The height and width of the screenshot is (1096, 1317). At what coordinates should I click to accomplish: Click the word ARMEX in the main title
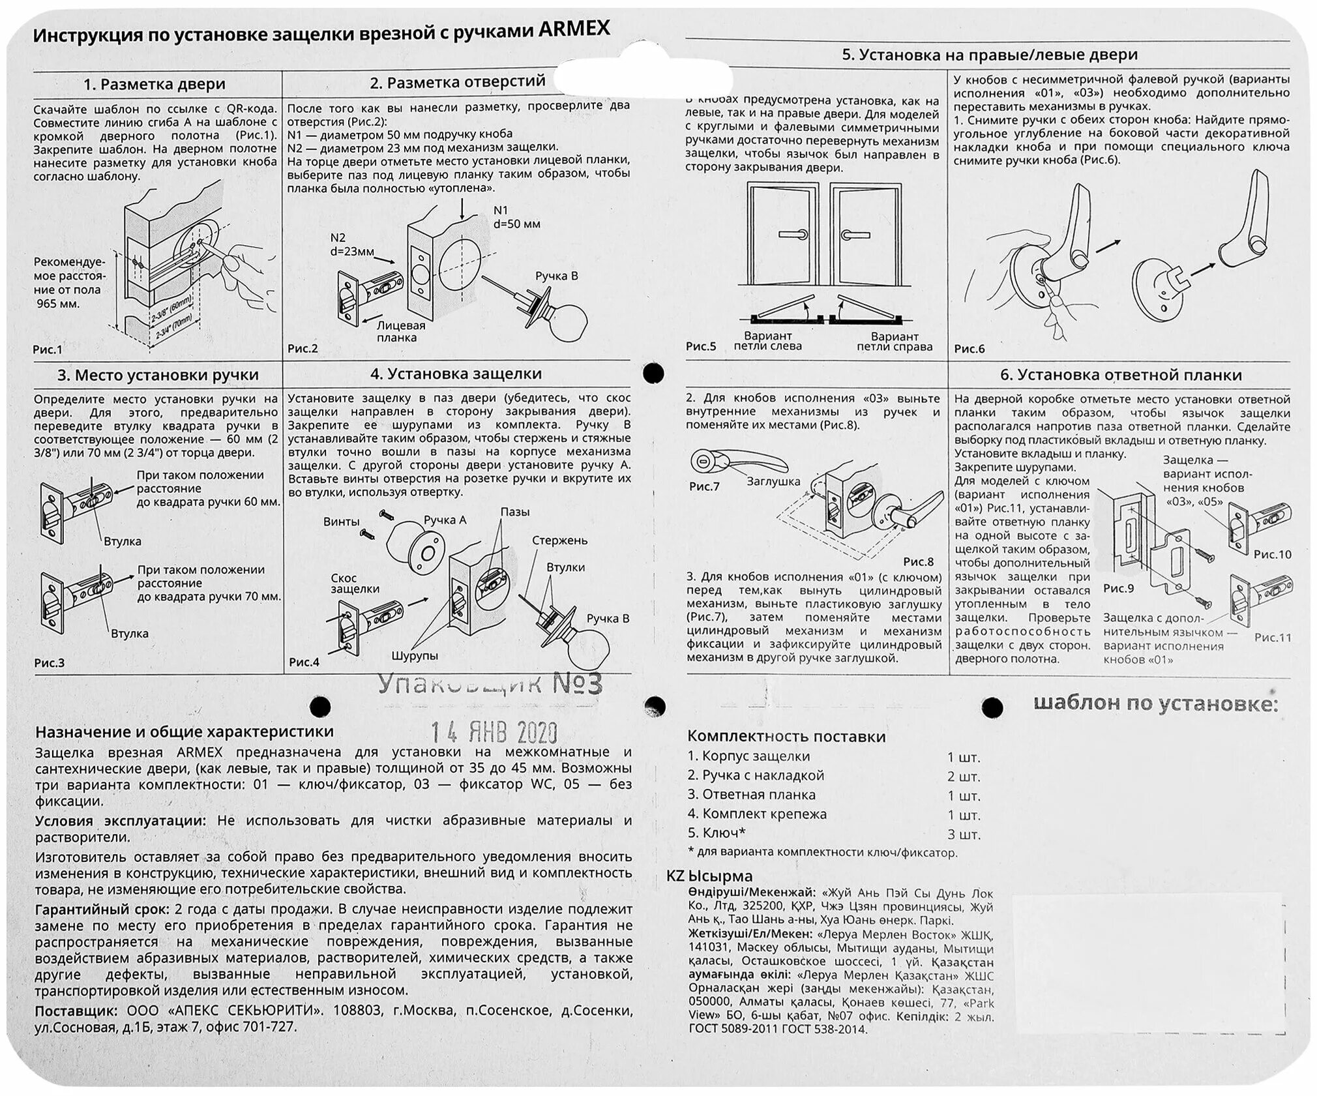coord(574,29)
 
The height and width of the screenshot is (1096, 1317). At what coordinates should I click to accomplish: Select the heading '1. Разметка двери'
coord(154,84)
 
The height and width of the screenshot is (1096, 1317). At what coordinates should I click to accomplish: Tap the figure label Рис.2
coord(303,349)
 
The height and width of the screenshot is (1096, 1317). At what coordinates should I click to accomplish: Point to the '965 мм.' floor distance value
coord(58,304)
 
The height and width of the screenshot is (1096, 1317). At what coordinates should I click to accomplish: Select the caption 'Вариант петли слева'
coord(767,342)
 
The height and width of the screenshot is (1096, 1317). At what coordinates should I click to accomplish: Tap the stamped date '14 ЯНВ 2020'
coord(494,732)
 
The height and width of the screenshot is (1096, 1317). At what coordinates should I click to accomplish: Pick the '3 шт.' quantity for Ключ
coord(964,835)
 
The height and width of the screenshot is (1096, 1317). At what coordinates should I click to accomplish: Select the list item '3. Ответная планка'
coord(751,795)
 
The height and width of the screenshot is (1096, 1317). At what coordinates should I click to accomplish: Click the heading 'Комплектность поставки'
coord(786,737)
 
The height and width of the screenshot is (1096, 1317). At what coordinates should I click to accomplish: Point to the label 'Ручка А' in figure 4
coord(445,520)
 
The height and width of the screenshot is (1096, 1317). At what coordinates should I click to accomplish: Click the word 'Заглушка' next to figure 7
coord(773,481)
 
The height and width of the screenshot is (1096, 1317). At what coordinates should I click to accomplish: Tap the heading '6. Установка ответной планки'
coord(1121,375)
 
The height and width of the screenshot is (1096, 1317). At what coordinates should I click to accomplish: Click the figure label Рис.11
coord(1272,638)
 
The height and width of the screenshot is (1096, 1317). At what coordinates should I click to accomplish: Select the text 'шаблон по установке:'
coord(1155,704)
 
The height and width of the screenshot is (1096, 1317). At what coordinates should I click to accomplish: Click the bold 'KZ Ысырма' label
coord(709,876)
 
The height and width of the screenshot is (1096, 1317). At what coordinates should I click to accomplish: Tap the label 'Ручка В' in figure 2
coord(556,276)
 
